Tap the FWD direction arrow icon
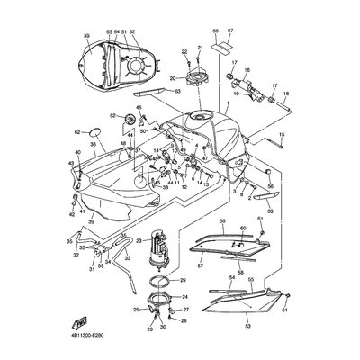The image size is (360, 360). [x=81, y=320]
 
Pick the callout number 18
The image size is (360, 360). [x=286, y=93]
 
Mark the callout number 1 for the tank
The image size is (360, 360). [x=228, y=105]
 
